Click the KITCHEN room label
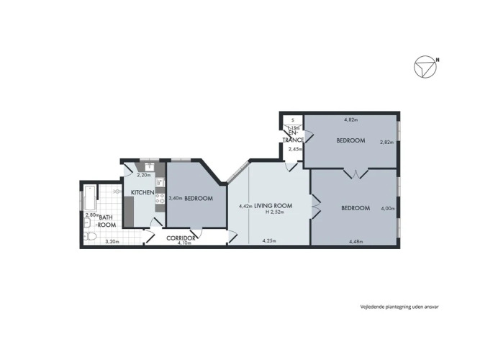click(142, 192)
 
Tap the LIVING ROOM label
click(273, 206)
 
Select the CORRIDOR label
click(181, 238)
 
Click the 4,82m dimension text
click(351, 120)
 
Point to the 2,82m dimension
click(386, 142)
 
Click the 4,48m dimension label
click(356, 241)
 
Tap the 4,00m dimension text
click(388, 208)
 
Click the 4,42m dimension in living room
click(245, 206)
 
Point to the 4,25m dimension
click(269, 240)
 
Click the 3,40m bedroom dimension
click(176, 198)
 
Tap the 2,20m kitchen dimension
click(144, 175)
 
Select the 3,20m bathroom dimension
click(112, 241)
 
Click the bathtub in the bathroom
click(90, 197)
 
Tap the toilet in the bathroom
click(90, 236)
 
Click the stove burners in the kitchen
click(160, 198)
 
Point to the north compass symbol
click(426, 66)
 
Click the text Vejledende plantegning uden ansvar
click(399, 307)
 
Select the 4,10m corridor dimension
click(184, 243)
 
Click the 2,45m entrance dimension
click(296, 149)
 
